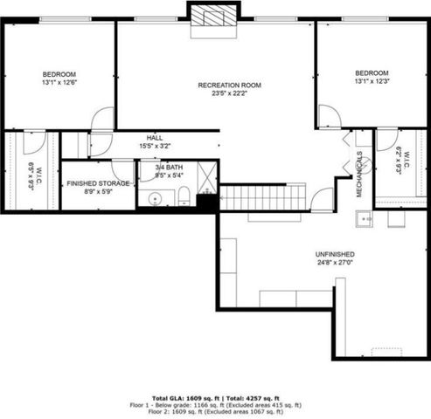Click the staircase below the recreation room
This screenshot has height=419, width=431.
(261, 196)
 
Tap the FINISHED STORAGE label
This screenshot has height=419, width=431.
(99, 183)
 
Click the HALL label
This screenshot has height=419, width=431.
(154, 138)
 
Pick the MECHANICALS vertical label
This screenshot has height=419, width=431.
(358, 175)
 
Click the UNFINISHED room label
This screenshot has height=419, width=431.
(335, 255)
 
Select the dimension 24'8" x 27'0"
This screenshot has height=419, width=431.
(335, 264)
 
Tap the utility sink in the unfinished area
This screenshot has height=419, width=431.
(364, 218)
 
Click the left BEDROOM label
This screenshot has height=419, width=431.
(59, 74)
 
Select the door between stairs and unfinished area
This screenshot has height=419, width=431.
(323, 199)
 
